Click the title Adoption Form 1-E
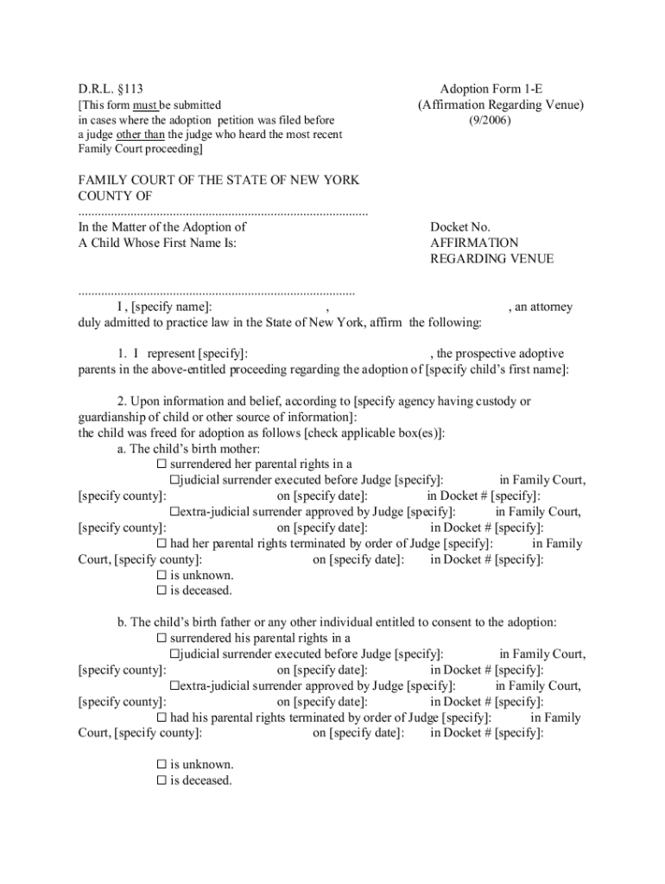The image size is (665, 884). pos(491,89)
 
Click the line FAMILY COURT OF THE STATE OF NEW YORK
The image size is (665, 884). pos(218,180)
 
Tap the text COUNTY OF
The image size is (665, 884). pos(115,196)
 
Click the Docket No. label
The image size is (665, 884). pos(460,227)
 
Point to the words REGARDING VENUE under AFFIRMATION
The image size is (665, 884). pos(491,258)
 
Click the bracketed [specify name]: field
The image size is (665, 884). pos(169,306)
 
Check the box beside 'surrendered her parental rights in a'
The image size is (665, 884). pos(161,464)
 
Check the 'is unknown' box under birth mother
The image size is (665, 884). pos(161,575)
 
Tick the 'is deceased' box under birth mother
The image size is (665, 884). pos(161,590)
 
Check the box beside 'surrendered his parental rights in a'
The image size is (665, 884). pos(161,638)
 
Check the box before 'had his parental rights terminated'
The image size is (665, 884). pos(161,717)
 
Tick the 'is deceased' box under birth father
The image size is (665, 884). pos(161,780)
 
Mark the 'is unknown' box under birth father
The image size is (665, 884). pos(161,765)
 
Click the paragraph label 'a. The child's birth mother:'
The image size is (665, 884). pos(188,449)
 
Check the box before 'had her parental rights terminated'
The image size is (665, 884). pos(161,544)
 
